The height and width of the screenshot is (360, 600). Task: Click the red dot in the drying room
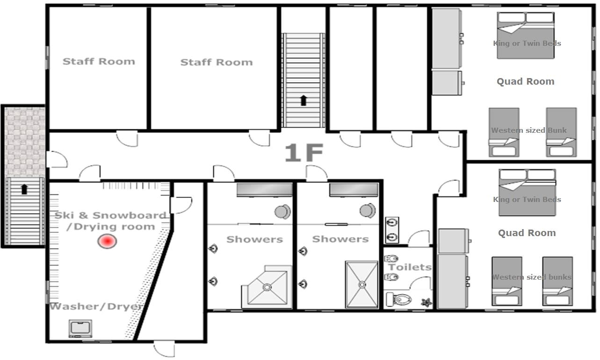pyautogui.click(x=107, y=241)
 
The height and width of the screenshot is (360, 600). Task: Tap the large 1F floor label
pyautogui.click(x=304, y=153)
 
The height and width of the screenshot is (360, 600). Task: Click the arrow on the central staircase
pyautogui.click(x=304, y=100)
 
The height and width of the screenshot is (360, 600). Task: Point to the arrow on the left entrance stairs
pyautogui.click(x=24, y=189)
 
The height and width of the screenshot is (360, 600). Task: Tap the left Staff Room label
pyautogui.click(x=99, y=61)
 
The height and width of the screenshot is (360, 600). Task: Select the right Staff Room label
pyautogui.click(x=216, y=62)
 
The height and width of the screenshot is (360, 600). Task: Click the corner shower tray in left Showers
pyautogui.click(x=266, y=286)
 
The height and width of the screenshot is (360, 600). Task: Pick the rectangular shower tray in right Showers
pyautogui.click(x=361, y=284)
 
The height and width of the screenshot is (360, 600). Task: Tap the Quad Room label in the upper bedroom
pyautogui.click(x=525, y=81)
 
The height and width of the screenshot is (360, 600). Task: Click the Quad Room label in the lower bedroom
pyautogui.click(x=527, y=233)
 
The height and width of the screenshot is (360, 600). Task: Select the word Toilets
pyautogui.click(x=410, y=267)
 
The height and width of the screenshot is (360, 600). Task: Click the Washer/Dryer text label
pyautogui.click(x=96, y=307)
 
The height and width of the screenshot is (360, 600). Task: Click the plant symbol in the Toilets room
pyautogui.click(x=426, y=302)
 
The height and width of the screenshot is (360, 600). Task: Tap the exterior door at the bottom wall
pyautogui.click(x=165, y=349)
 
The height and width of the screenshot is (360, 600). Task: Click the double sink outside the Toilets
pyautogui.click(x=392, y=229)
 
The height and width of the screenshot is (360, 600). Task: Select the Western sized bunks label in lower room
pyautogui.click(x=531, y=277)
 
